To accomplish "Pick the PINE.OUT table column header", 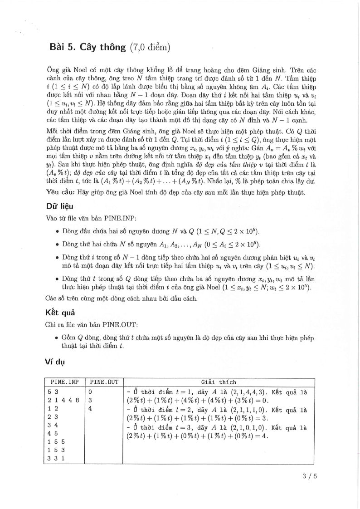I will click(104, 382).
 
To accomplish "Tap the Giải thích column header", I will click(218, 382).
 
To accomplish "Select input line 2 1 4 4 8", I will click(63, 400).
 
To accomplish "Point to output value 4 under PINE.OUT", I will click(91, 408).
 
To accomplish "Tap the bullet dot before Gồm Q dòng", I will click(56, 338).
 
